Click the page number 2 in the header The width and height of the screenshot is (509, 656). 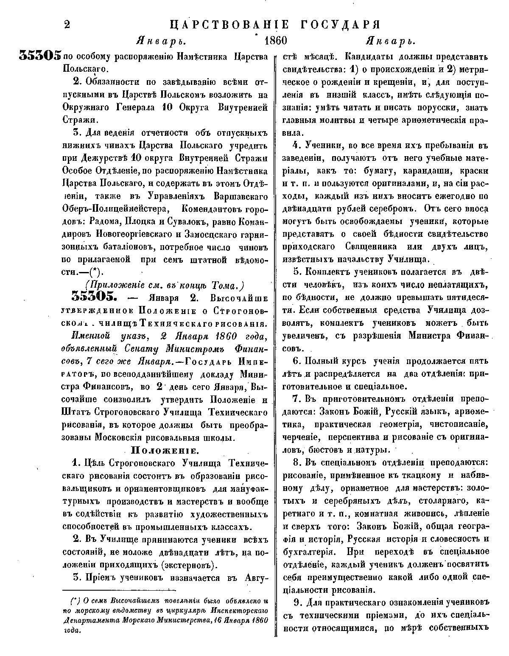tap(67, 24)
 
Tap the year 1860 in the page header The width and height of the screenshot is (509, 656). tap(275, 41)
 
